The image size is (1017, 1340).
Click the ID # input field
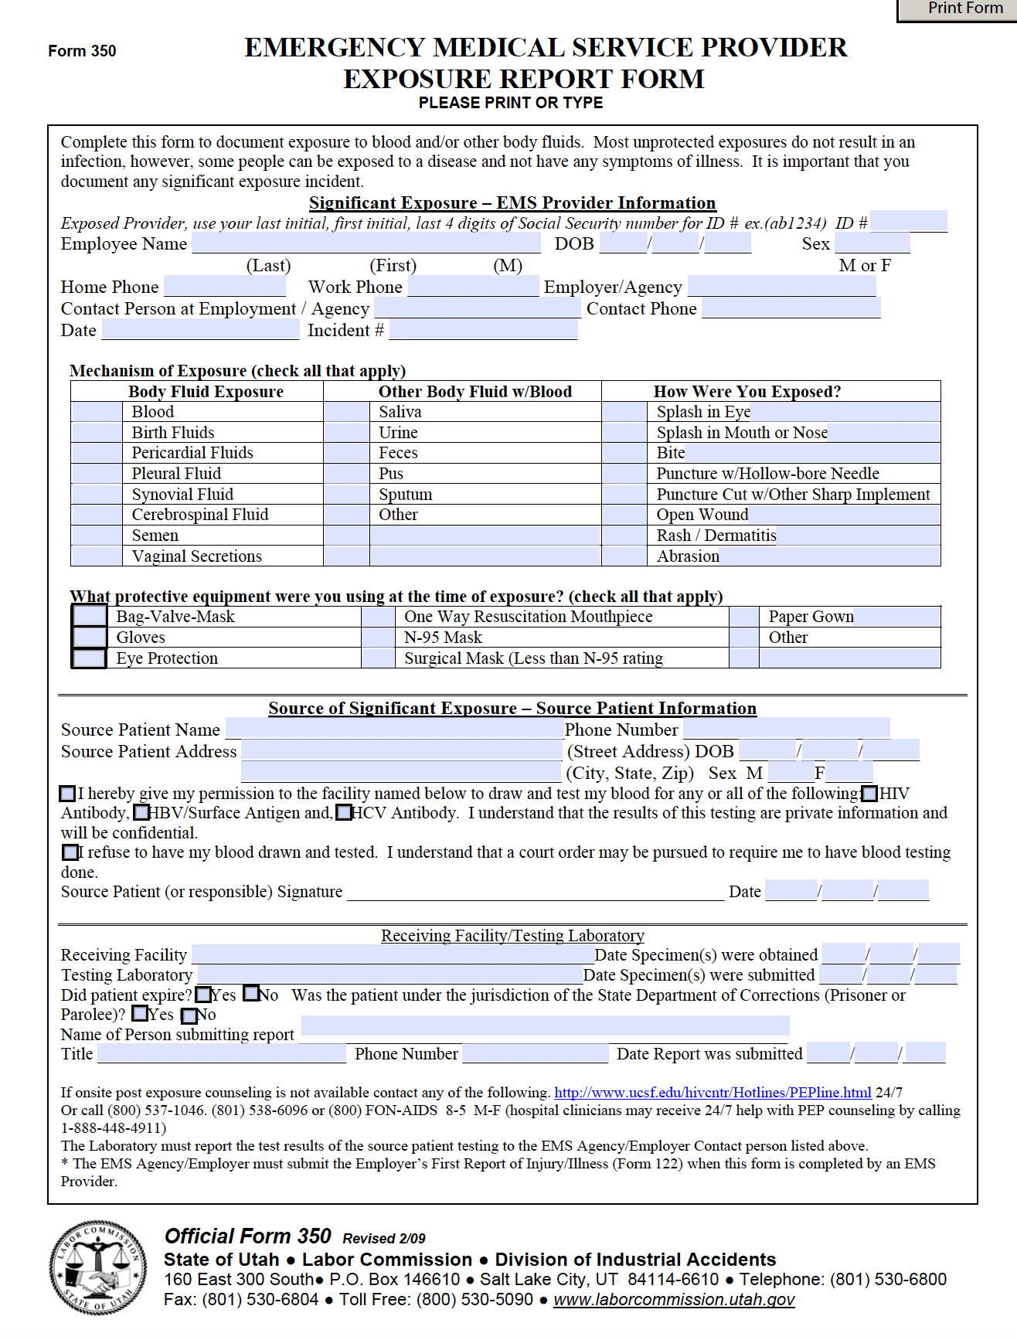pos(908,223)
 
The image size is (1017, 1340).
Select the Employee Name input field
pos(366,244)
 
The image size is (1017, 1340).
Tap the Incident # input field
pos(483,331)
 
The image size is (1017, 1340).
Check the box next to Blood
pos(96,412)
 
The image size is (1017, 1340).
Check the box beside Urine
pos(346,433)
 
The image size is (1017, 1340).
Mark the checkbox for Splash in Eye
pos(624,412)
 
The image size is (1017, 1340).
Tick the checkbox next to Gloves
pos(90,638)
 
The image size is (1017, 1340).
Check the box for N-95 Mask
pos(378,638)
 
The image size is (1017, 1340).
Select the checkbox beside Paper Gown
pos(743,617)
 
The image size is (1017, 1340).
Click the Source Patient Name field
pos(394,730)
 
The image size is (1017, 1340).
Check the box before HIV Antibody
pos(869,794)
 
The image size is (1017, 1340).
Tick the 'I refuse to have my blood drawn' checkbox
pos(70,852)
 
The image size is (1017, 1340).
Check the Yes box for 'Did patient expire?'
pos(203,995)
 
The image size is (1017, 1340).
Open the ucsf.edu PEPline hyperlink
pos(713,1093)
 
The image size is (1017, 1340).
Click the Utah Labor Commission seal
pos(97,1268)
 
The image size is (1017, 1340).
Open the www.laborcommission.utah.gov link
pos(674,1300)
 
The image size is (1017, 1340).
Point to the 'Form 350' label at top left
pos(82,51)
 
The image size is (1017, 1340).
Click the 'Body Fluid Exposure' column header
pos(206,392)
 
